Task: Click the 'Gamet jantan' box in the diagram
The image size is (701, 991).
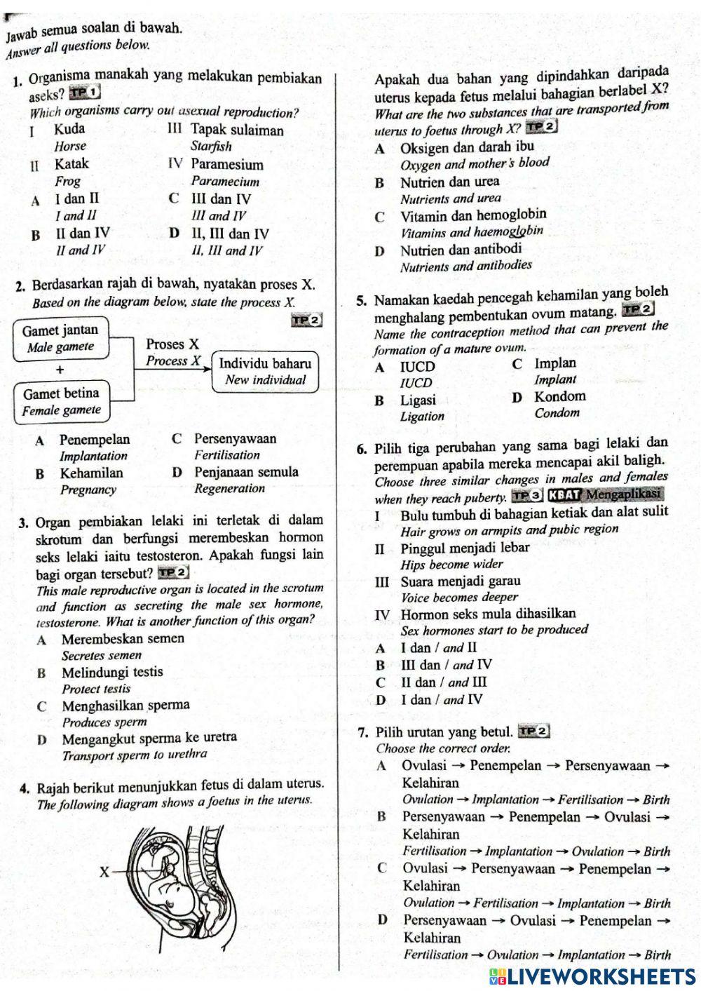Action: pyautogui.click(x=61, y=338)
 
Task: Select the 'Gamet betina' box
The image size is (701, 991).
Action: pyautogui.click(x=62, y=401)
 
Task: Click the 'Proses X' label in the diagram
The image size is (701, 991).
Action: pyautogui.click(x=172, y=344)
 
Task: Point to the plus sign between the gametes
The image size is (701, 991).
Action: pyautogui.click(x=60, y=370)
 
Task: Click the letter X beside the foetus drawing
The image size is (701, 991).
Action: pyautogui.click(x=104, y=872)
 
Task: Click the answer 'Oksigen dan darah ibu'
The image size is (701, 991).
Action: pyautogui.click(x=467, y=147)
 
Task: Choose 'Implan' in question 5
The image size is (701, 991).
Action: pyautogui.click(x=555, y=363)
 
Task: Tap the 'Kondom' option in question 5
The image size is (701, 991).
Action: pyautogui.click(x=559, y=396)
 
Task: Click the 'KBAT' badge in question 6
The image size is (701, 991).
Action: pyautogui.click(x=565, y=495)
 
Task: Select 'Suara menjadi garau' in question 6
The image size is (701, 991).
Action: pyautogui.click(x=461, y=581)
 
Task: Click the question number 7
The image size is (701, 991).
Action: pyautogui.click(x=362, y=733)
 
